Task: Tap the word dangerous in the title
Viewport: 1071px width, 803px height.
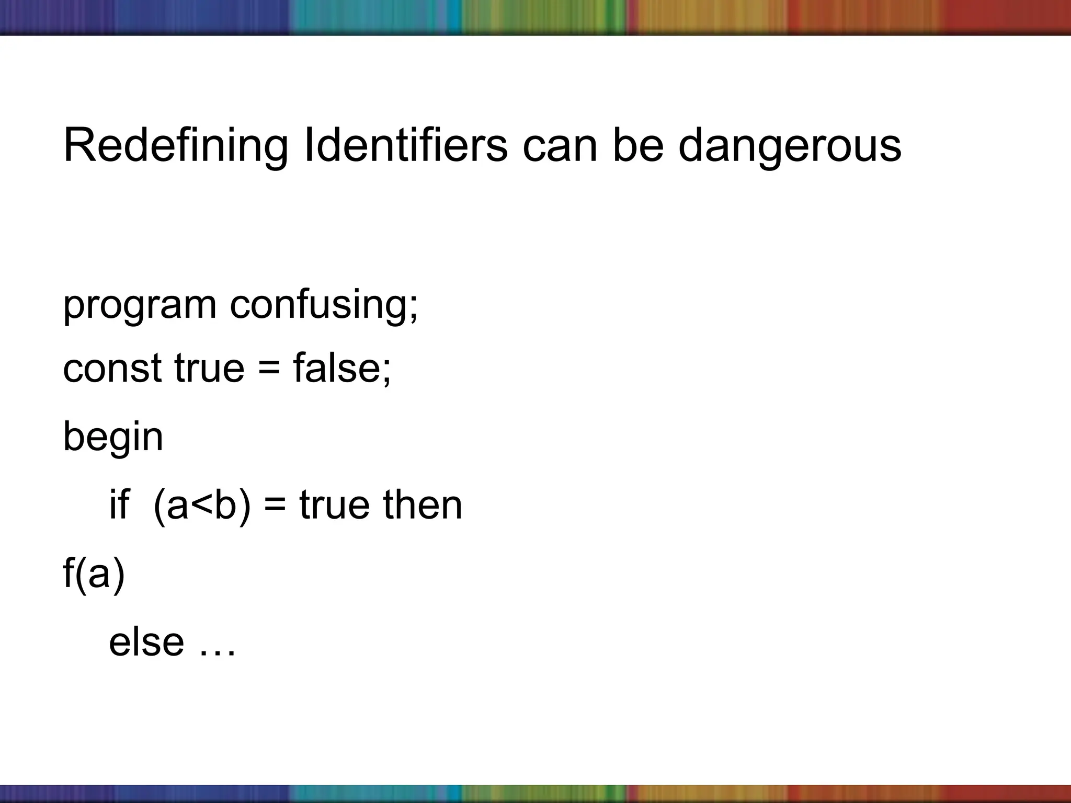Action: point(790,146)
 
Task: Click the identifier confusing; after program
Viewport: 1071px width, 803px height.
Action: point(324,305)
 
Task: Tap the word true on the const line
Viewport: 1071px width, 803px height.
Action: point(209,368)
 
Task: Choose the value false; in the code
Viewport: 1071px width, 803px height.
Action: point(342,368)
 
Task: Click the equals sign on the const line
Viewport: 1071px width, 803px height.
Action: point(269,369)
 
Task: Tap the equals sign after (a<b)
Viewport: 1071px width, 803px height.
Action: point(275,506)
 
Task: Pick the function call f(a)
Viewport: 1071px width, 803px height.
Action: point(94,574)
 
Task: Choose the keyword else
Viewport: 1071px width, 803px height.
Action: point(146,642)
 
